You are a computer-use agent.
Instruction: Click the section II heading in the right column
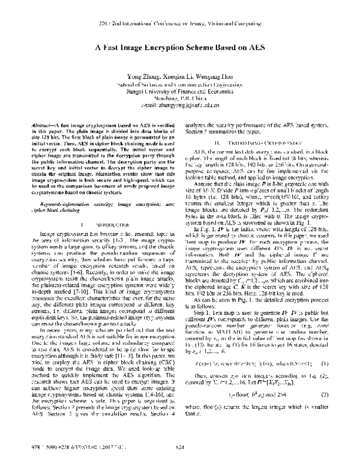pos(262,144)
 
